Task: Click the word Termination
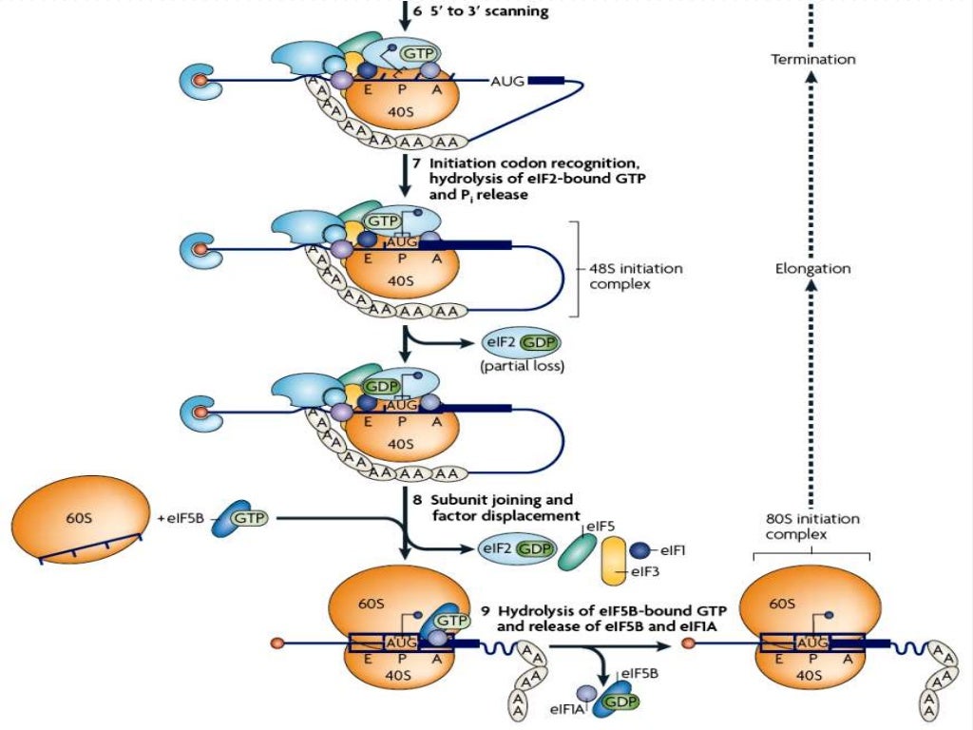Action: tap(812, 59)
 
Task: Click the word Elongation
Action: tap(812, 269)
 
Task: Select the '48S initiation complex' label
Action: tap(636, 277)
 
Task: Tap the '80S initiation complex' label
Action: tap(812, 527)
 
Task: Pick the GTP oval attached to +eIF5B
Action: tap(248, 519)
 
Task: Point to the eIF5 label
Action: tap(600, 525)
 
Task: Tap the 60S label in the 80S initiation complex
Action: tap(782, 603)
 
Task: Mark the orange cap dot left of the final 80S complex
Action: tap(687, 644)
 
